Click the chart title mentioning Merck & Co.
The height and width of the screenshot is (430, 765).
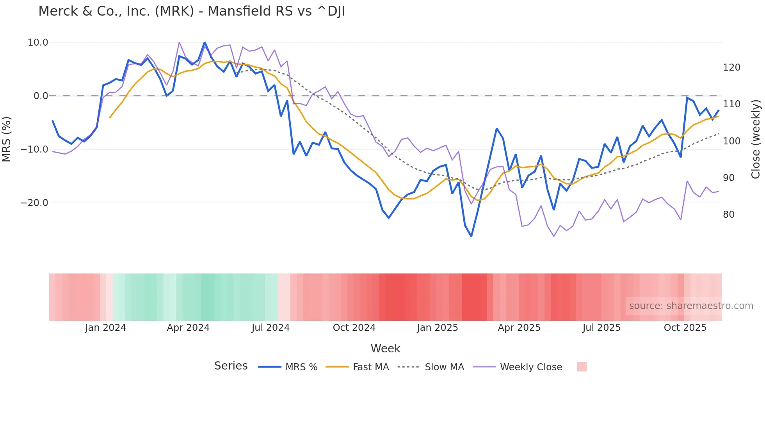(x=191, y=11)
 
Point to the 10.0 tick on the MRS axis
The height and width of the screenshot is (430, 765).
(x=38, y=43)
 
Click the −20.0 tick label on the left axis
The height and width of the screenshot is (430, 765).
(x=34, y=203)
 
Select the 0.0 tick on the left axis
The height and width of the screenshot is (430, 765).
(x=41, y=96)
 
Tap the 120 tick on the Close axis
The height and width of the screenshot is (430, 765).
(x=731, y=68)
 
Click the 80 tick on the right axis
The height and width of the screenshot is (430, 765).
(x=728, y=215)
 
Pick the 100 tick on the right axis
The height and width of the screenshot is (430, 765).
(x=731, y=141)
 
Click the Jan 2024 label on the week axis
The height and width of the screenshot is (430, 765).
(x=105, y=328)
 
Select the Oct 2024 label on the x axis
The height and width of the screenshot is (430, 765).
(x=354, y=328)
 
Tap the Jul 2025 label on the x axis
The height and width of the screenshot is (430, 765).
(x=601, y=328)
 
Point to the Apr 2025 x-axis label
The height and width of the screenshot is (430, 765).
(x=519, y=328)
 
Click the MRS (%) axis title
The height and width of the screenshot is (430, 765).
(x=7, y=139)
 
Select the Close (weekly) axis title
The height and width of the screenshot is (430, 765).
(x=756, y=139)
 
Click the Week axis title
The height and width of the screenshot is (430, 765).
(x=385, y=348)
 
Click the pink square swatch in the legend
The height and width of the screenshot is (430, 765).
(x=582, y=367)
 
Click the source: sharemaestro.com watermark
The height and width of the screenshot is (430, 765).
(x=691, y=306)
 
